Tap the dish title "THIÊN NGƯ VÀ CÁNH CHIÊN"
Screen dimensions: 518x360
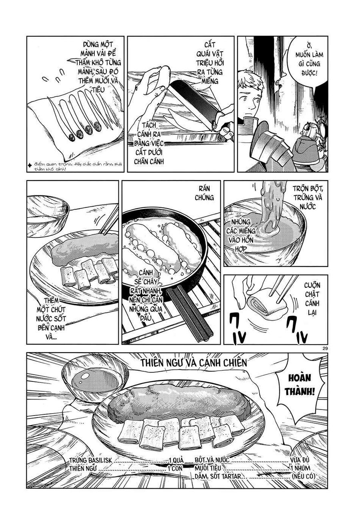pos(194,362)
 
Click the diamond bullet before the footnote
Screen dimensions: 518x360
pos(30,164)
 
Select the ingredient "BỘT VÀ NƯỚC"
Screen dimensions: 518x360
pos(212,460)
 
